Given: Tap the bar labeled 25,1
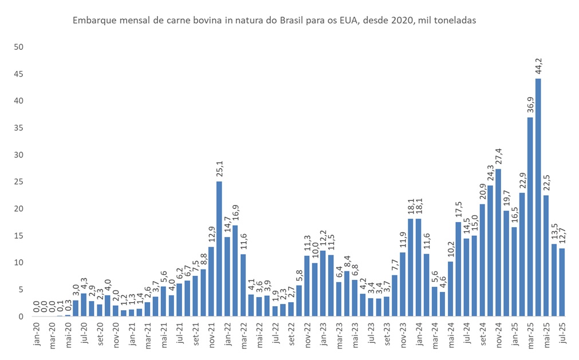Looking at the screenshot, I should pos(219,248).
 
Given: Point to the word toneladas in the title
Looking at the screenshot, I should pos(456,20).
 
